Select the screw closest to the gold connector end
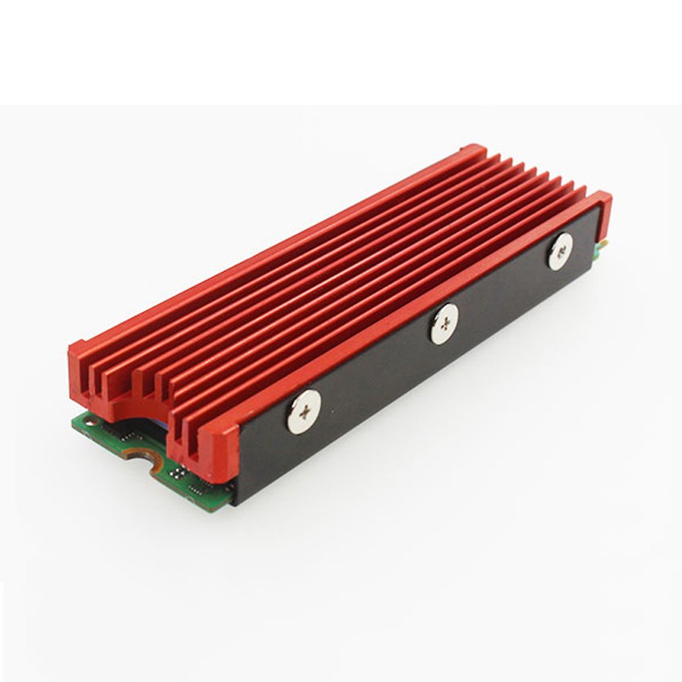coord(560,251)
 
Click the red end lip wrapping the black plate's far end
coord(602,213)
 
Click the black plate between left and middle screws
coord(375,375)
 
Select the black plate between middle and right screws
coord(503,294)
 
